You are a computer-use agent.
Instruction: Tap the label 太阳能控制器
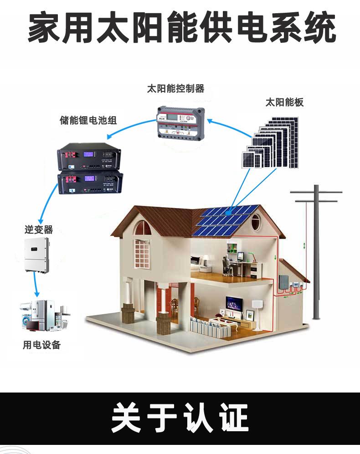point(175,88)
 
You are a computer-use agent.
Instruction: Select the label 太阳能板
point(284,102)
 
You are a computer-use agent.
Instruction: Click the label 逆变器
point(39,230)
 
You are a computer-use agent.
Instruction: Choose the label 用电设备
point(42,345)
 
